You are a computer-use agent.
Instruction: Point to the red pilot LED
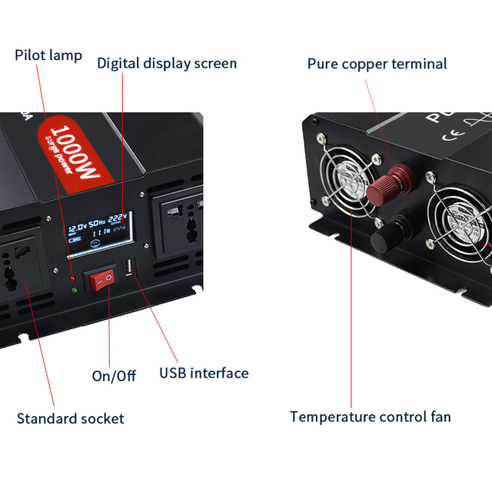click(x=72, y=278)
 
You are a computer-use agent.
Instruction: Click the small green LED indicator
click(x=73, y=290)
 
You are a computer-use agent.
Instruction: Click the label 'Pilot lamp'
click(x=48, y=55)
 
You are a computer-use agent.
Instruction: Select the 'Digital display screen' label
click(x=167, y=63)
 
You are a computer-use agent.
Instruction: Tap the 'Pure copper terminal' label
click(x=377, y=64)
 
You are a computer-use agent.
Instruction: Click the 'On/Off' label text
click(x=114, y=375)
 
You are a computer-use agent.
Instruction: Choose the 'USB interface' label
click(x=204, y=373)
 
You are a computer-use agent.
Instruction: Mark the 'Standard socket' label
click(x=70, y=418)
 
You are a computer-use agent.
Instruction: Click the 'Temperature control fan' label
click(x=370, y=417)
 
